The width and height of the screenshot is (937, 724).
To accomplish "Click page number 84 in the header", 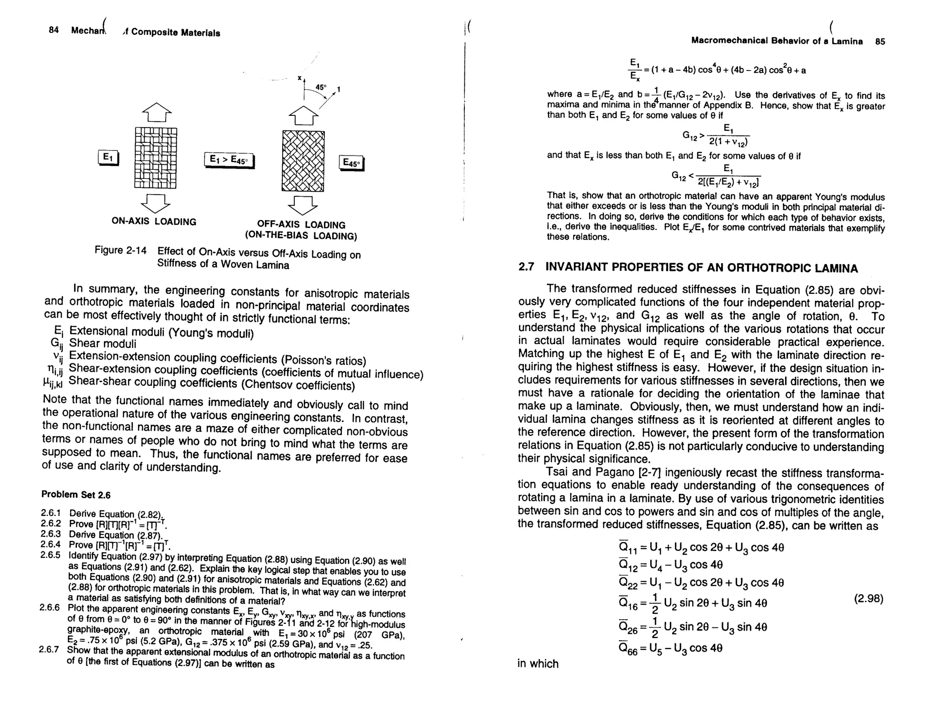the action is point(54,30).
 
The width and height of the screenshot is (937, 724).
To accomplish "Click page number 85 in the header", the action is point(880,42).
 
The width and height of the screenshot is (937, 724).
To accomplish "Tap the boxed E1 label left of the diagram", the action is point(108,158).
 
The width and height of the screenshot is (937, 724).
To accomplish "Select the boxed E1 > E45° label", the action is point(228,160).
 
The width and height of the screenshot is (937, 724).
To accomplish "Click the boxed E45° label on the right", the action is point(351,163).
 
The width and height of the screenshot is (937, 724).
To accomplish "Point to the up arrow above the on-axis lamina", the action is point(156,112).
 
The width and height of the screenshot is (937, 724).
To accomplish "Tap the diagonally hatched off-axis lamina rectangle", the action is point(303,161).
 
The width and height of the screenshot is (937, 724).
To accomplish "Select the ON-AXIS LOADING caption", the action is point(154,222).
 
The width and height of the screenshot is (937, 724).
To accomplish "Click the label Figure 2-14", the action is point(120,250).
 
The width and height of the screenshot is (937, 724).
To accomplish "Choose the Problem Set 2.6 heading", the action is point(76,495).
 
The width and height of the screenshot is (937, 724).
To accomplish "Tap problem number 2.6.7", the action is point(49,649).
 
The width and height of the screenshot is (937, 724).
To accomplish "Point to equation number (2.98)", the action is point(868,599).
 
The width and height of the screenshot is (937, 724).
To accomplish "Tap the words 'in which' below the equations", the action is point(538,664).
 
